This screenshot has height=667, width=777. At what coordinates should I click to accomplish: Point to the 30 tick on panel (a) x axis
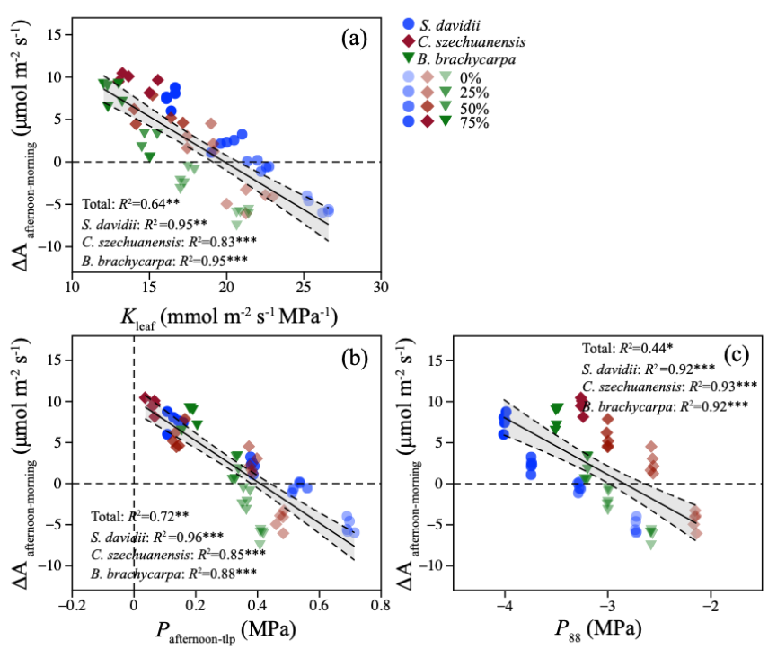[x=382, y=288]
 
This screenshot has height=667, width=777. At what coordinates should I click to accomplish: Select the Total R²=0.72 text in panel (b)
[x=140, y=516]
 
